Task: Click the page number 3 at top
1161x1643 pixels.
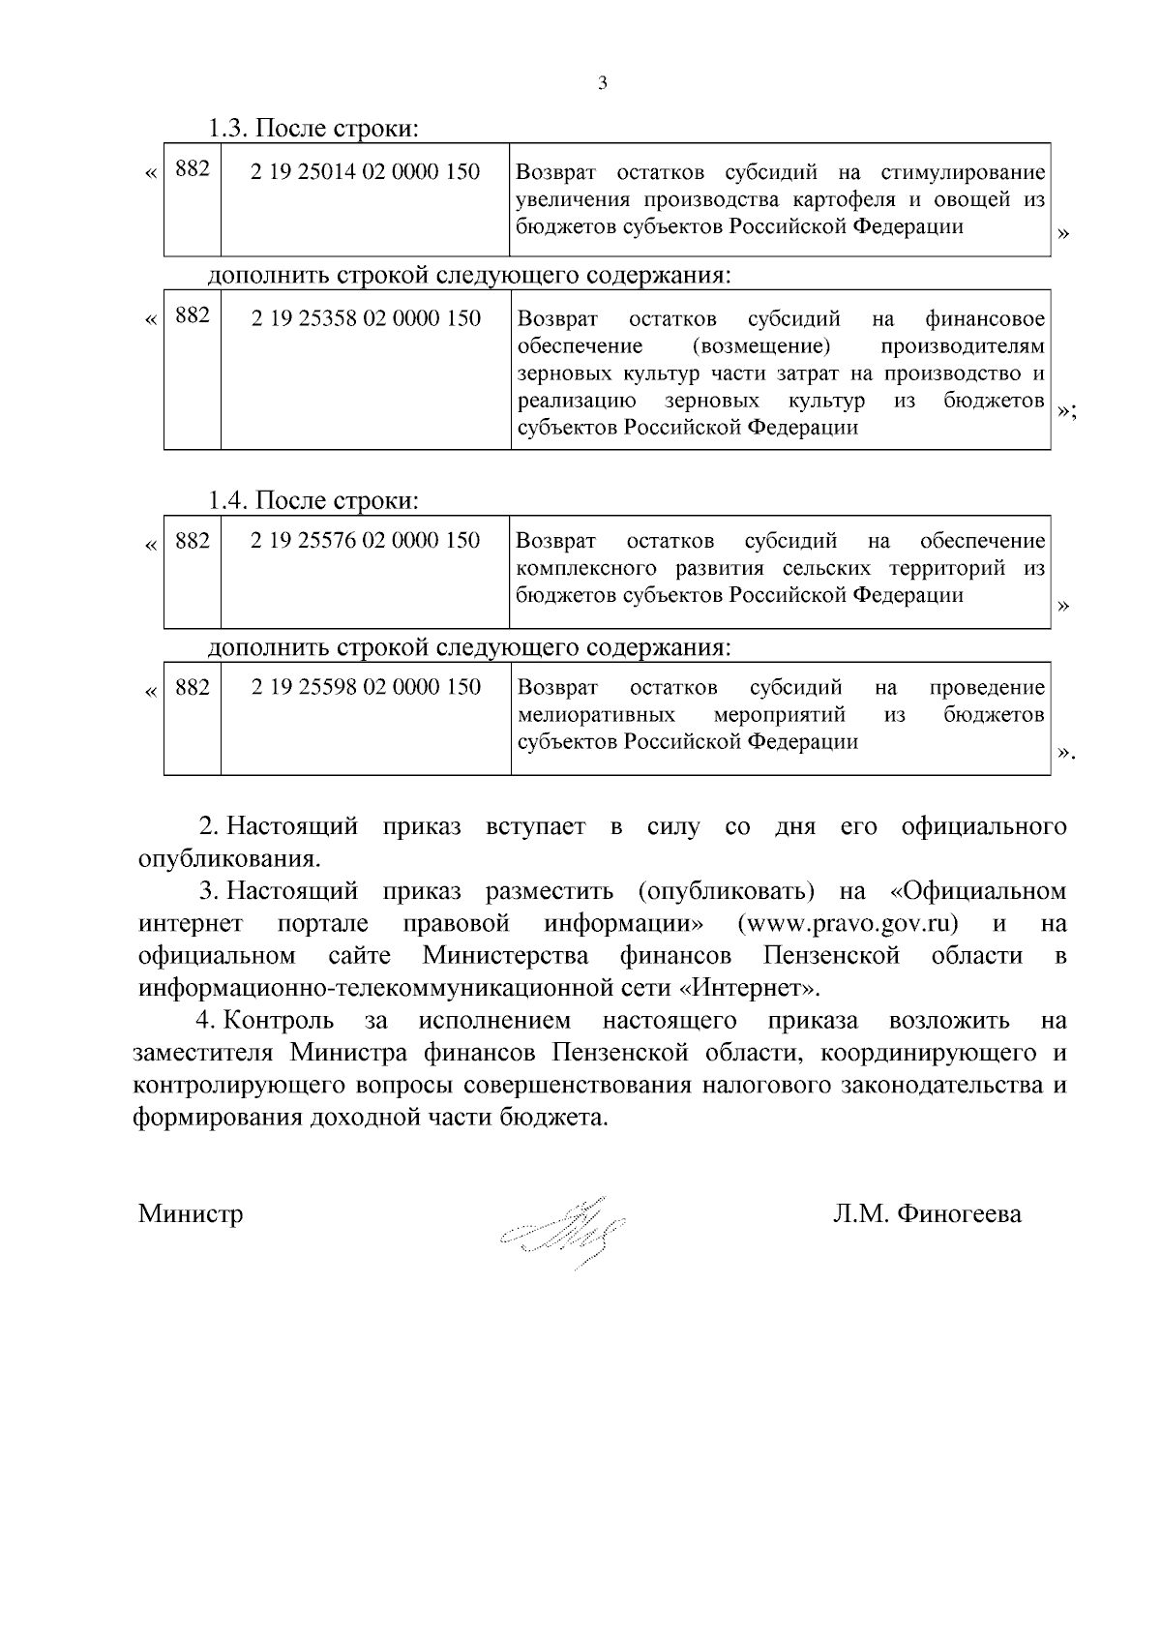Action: (603, 84)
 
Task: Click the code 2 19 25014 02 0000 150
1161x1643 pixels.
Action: (365, 172)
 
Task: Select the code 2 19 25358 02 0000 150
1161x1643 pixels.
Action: (366, 318)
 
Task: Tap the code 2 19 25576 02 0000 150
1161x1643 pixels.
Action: (365, 540)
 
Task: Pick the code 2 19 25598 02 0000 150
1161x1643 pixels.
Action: (366, 687)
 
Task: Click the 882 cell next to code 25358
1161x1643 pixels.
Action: (193, 316)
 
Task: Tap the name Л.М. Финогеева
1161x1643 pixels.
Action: (927, 1213)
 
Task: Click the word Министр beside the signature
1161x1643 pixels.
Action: (191, 1213)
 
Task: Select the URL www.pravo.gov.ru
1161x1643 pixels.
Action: (848, 924)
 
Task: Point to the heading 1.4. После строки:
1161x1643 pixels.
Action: (313, 500)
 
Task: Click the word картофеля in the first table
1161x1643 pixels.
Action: (838, 200)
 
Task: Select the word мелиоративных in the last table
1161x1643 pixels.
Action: (596, 715)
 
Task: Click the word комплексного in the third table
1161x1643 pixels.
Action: (586, 568)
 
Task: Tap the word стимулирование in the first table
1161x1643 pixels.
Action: (963, 173)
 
